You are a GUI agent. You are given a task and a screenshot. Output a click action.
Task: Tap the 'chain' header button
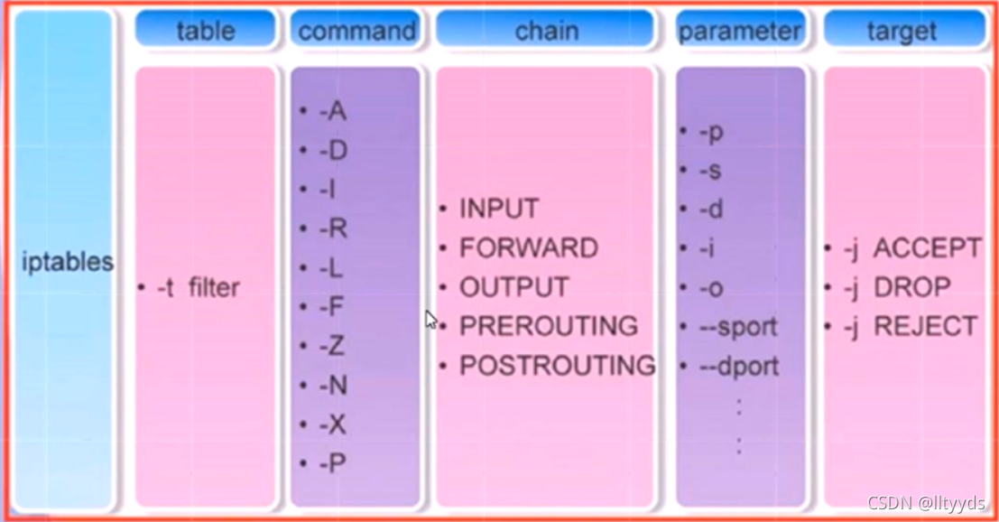pyautogui.click(x=545, y=31)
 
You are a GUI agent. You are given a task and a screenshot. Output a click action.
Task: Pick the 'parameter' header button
pyautogui.click(x=739, y=31)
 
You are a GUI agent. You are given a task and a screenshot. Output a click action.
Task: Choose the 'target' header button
pyautogui.click(x=902, y=31)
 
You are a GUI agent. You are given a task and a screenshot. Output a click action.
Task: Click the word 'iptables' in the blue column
pyautogui.click(x=69, y=263)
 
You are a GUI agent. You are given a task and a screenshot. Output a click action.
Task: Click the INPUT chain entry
pyautogui.click(x=498, y=209)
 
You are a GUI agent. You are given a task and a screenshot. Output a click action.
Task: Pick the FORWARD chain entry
pyautogui.click(x=528, y=247)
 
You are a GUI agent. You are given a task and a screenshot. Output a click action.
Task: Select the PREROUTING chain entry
pyautogui.click(x=548, y=325)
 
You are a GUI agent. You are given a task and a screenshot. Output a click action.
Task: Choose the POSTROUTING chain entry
pyautogui.click(x=557, y=366)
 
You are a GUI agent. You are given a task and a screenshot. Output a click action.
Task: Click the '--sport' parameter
pyautogui.click(x=737, y=326)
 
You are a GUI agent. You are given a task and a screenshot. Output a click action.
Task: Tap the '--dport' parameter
pyautogui.click(x=738, y=366)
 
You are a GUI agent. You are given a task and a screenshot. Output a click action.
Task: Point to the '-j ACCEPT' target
pyautogui.click(x=911, y=248)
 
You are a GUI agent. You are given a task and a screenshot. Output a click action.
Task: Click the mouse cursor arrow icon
pyautogui.click(x=431, y=319)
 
